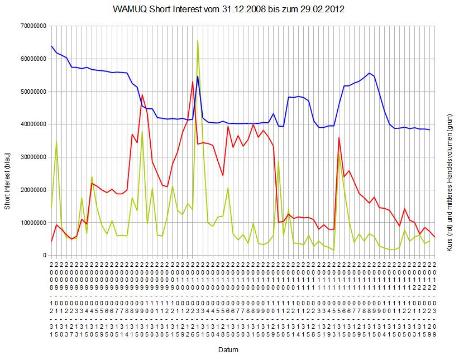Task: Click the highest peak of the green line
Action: pyautogui.click(x=198, y=40)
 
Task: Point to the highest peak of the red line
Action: pyautogui.click(x=193, y=82)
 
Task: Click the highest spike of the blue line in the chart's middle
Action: pyautogui.click(x=198, y=76)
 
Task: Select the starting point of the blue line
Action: pyautogui.click(x=51, y=46)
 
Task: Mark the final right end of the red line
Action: pyautogui.click(x=434, y=237)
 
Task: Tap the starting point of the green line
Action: pyautogui.click(x=51, y=207)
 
